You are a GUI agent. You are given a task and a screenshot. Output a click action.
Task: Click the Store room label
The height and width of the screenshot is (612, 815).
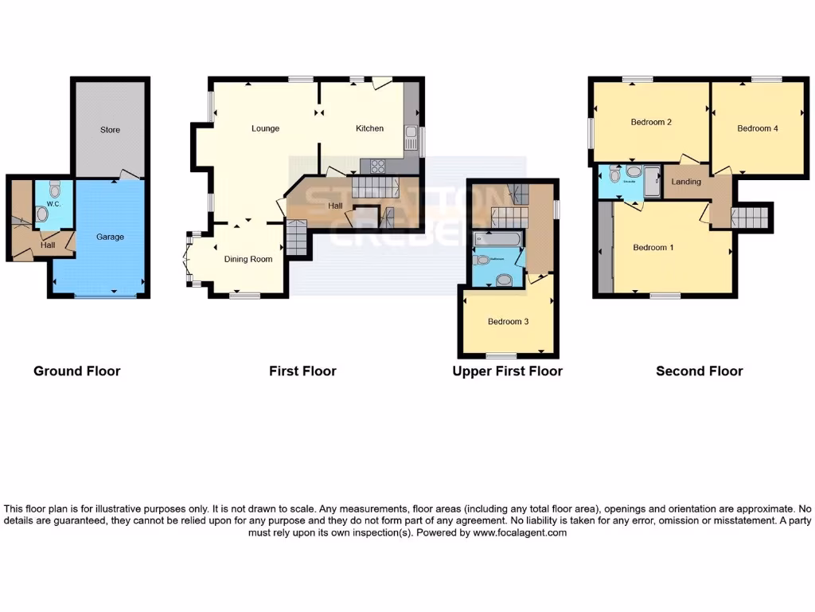[x=110, y=130]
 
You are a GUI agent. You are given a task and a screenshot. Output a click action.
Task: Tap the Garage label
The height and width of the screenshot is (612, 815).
[x=110, y=237]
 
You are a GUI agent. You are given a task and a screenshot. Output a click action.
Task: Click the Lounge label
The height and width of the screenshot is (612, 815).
[x=265, y=128]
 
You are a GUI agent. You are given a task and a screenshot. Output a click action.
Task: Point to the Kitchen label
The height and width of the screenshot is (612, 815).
[x=369, y=128]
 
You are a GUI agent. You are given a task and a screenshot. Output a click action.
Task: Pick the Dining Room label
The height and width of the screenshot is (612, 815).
[x=248, y=259]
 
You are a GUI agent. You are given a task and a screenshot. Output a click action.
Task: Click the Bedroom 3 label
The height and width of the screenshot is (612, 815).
[x=509, y=322]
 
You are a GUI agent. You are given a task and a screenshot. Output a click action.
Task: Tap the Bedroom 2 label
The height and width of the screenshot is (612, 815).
[x=651, y=122]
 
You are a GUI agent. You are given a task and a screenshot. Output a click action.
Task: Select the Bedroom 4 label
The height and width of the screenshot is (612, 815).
[x=757, y=128]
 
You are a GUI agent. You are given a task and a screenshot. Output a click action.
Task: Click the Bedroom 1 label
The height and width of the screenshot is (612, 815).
[x=653, y=247]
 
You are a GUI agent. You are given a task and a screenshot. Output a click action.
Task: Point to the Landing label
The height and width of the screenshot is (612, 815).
[x=686, y=182]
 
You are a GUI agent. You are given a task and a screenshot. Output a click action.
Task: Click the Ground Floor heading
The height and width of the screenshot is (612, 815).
[x=76, y=371]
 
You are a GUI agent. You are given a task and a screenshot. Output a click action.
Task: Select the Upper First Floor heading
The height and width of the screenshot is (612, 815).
[x=507, y=371]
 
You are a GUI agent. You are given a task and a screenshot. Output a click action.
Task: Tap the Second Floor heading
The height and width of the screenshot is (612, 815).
[x=699, y=371]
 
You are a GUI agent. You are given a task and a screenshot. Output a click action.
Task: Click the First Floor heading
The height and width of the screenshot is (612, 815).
[x=302, y=371]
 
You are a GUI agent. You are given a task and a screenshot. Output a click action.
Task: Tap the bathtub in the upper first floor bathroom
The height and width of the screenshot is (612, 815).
[x=496, y=238]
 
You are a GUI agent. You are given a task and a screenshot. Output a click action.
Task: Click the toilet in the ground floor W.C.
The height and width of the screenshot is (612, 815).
[x=54, y=189]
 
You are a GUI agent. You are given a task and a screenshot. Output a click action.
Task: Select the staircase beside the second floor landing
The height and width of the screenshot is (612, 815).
[x=751, y=217]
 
